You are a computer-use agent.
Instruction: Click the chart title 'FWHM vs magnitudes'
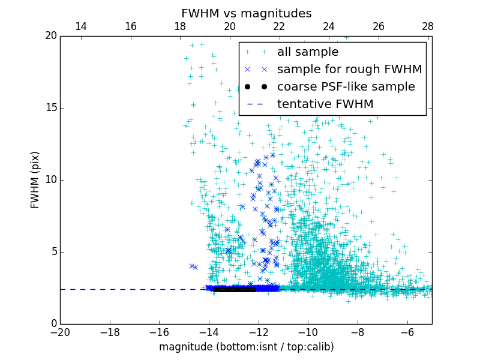tap(246, 13)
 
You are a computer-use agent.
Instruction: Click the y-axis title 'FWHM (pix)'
tap(35, 179)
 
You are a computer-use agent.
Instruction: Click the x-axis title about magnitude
tap(246, 347)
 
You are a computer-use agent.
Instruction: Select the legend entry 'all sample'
tap(307, 52)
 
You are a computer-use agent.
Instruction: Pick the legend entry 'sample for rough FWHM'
tap(349, 70)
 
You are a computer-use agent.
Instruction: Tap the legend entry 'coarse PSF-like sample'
tap(346, 87)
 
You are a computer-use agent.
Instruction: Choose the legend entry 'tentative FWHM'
tap(325, 104)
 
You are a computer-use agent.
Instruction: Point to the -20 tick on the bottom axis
tap(60, 332)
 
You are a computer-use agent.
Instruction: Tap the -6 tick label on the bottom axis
tap(407, 332)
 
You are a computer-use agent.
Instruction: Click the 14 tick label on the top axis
tap(80, 26)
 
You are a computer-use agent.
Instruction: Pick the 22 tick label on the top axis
tap(279, 26)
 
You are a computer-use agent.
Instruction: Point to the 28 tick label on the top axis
tap(428, 26)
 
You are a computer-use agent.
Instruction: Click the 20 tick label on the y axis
tap(50, 36)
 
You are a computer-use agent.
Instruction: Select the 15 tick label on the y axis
tap(50, 108)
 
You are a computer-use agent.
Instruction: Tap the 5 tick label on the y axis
tap(53, 252)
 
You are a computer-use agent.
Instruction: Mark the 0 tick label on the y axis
tap(53, 324)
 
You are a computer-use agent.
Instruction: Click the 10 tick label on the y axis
tap(50, 180)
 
